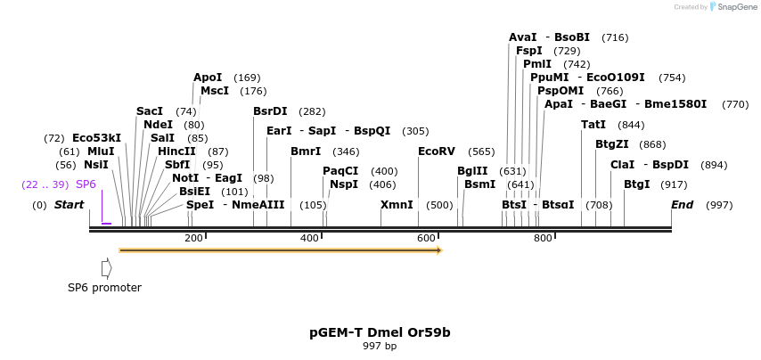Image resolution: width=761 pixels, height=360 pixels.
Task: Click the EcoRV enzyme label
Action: coord(437,151)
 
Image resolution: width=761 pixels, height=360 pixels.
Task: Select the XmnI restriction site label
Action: coord(397,205)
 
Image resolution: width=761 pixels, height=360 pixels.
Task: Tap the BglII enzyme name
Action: coord(472,171)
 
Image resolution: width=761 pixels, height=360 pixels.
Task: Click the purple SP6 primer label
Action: coord(86,184)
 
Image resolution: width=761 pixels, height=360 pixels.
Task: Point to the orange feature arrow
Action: coord(280,250)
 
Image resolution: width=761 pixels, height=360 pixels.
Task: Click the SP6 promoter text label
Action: coord(104,288)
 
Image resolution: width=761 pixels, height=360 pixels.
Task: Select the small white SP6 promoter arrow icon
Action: coord(106,268)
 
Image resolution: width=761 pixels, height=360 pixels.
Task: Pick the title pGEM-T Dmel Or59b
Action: coord(380,332)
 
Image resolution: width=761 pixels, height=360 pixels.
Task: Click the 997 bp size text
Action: coord(380,347)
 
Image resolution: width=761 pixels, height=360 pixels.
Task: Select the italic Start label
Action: coord(69,205)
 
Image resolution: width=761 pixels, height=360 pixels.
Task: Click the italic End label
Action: coord(682,205)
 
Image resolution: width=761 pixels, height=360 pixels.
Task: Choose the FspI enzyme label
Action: coord(528,51)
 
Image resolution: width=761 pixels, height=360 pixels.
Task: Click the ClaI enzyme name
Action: coord(622,165)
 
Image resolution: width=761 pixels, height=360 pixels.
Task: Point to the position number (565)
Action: coord(481,151)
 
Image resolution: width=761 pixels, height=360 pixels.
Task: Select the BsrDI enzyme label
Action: coord(270,111)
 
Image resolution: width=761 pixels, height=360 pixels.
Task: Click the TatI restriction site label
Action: coord(593,125)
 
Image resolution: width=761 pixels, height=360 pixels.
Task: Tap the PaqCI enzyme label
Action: coord(340,171)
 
